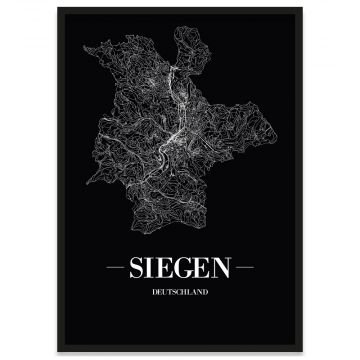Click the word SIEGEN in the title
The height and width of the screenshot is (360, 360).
tap(180, 270)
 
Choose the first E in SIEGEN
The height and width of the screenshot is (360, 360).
tap(166, 270)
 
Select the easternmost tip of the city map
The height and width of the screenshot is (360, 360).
tap(270, 140)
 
